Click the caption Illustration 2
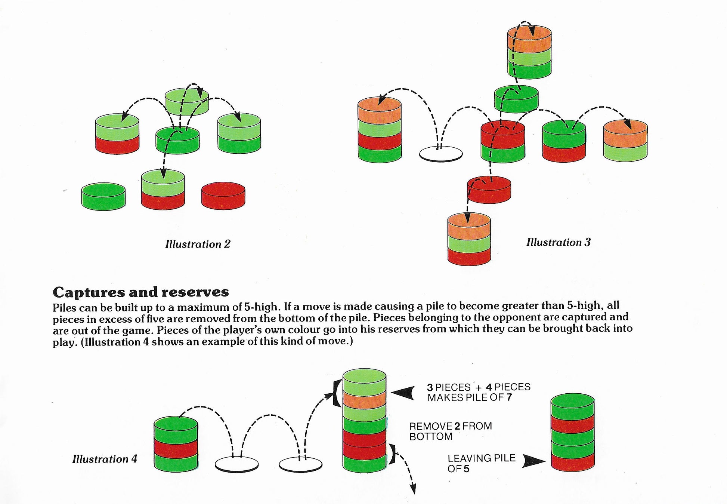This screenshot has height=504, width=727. click(198, 244)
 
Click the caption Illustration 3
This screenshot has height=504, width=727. click(558, 242)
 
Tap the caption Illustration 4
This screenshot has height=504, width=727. click(105, 459)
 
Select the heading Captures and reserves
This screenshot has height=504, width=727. click(141, 292)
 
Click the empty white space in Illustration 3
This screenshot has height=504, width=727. click(441, 154)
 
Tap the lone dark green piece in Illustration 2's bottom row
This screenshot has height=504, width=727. click(103, 196)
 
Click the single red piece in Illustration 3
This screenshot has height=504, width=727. click(489, 190)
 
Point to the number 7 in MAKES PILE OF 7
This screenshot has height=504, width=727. click(509, 397)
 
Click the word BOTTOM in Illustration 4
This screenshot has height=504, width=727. click(430, 436)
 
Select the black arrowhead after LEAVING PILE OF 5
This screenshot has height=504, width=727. click(533, 461)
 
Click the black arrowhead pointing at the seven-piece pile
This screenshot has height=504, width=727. click(403, 392)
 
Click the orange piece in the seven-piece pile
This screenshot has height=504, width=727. click(364, 401)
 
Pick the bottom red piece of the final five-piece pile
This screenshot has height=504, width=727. click(572, 462)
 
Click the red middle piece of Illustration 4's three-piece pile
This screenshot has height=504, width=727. click(176, 448)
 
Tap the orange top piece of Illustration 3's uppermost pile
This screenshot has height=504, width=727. click(529, 38)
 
